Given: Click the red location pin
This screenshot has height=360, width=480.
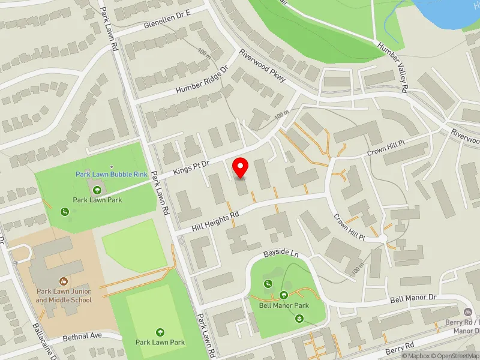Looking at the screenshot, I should click(x=241, y=168).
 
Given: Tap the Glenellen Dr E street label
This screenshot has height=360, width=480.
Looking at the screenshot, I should click(x=167, y=20).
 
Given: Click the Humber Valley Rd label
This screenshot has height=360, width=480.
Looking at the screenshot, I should click(x=393, y=67).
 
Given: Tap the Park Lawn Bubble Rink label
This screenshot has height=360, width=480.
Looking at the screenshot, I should click(x=112, y=175).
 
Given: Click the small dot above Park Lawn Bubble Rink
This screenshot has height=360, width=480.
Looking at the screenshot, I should click(x=112, y=167).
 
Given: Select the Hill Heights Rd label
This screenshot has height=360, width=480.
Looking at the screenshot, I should click(x=215, y=220).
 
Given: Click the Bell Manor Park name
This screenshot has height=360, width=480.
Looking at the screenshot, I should click(x=284, y=305).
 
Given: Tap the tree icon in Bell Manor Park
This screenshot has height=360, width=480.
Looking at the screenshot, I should click(x=284, y=295).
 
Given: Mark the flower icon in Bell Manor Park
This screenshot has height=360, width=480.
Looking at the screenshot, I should click(x=299, y=318).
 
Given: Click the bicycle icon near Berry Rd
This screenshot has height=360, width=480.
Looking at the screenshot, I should click(x=467, y=311).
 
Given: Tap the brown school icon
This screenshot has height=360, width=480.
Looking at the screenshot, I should click(x=64, y=281).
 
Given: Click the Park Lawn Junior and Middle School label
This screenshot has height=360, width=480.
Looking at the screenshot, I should click(x=64, y=295).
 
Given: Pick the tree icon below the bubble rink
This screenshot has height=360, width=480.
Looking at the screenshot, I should click(x=97, y=190).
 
